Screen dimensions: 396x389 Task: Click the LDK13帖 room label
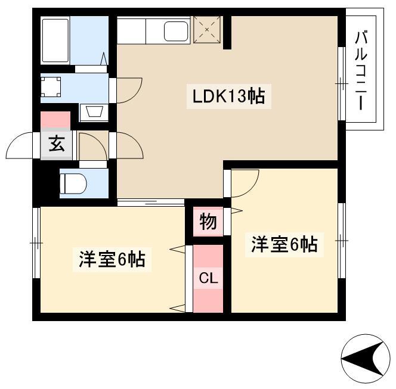[228, 97]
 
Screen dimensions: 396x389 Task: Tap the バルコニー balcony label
[361, 70]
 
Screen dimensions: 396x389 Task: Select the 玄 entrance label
[57, 144]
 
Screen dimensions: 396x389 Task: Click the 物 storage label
[208, 222]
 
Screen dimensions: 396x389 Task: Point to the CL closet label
[208, 278]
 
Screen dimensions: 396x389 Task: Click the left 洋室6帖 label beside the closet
[112, 259]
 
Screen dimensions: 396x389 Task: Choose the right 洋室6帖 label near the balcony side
[284, 244]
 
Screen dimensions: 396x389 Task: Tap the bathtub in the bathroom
[55, 40]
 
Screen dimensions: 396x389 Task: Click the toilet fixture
[73, 183]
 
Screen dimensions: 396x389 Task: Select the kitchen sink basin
[176, 32]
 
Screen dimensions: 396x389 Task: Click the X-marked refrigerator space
[207, 30]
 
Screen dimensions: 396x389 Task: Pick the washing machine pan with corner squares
[51, 87]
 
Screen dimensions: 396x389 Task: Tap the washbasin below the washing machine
[94, 111]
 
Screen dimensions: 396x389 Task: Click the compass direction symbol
[365, 359]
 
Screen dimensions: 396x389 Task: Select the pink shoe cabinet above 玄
[55, 120]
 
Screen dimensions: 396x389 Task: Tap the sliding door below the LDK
[151, 203]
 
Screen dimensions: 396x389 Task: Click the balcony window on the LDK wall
[342, 84]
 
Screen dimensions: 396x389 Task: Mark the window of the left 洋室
[36, 243]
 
